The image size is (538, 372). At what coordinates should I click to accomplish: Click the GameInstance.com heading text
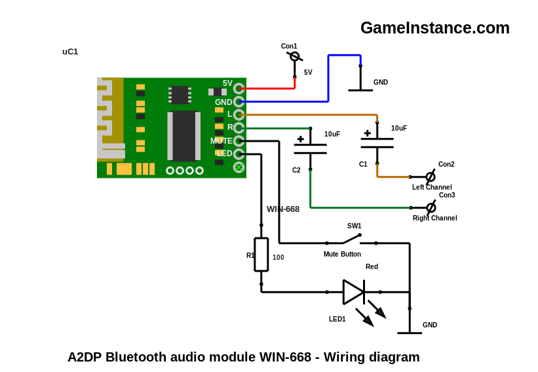tap(434, 28)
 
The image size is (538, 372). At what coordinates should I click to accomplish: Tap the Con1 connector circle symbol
tap(294, 56)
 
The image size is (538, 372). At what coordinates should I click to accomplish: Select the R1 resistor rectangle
tap(261, 255)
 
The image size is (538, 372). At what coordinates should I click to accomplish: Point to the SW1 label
tap(354, 226)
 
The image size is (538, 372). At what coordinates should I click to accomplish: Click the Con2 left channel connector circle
tap(431, 177)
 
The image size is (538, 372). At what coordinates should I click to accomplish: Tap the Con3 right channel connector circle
tap(431, 207)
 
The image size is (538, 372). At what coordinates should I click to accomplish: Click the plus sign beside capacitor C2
tap(301, 139)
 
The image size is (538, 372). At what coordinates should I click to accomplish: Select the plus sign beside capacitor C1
tap(368, 133)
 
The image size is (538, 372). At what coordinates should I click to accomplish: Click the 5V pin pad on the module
tap(239, 89)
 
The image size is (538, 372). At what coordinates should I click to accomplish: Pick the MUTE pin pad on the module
tap(239, 141)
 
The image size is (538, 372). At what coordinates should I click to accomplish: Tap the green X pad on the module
tap(239, 167)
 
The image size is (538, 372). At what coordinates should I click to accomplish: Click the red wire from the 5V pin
tap(267, 89)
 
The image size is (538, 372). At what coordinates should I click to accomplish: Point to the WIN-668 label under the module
tap(283, 209)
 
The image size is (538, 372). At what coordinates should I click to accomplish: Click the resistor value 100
tap(279, 257)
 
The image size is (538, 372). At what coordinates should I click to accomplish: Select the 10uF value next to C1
tap(399, 128)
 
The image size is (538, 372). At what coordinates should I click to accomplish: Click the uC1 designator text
tap(70, 52)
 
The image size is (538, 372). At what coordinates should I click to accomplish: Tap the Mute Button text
tap(342, 254)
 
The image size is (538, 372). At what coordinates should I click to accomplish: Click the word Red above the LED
tap(372, 266)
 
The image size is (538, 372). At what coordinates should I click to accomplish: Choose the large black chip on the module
tap(184, 136)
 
